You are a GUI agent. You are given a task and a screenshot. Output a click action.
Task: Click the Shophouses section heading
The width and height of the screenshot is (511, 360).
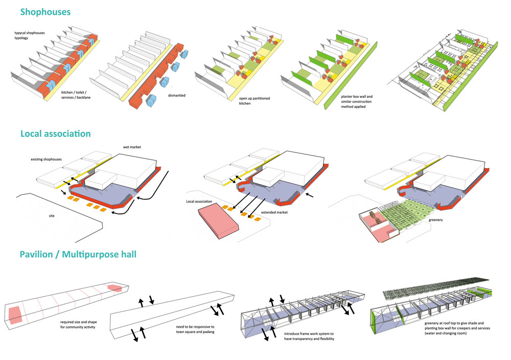(45, 11)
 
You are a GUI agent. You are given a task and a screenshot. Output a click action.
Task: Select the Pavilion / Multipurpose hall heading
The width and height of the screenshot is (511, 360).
(78, 254)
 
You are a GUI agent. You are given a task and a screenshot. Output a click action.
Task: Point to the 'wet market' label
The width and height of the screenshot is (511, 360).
(132, 147)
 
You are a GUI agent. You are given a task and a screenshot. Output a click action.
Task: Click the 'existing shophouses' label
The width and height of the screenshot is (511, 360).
(46, 160)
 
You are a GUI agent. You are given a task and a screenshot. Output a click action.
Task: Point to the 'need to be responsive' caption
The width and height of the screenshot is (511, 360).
(190, 329)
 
